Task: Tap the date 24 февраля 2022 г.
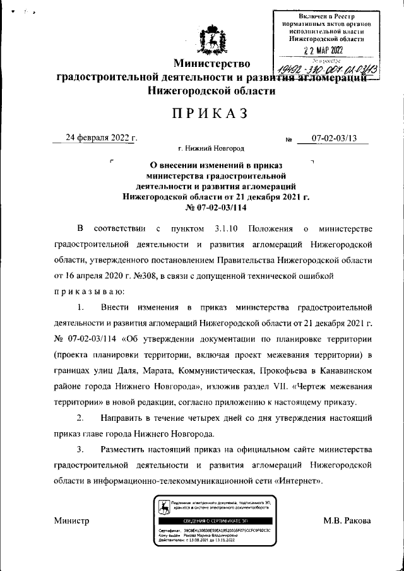(103, 138)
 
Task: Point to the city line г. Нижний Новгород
(211, 149)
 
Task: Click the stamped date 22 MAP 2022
(323, 50)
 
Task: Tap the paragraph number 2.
(80, 418)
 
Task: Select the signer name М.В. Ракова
(347, 521)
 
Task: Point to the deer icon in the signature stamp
(163, 506)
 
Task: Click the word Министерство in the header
(213, 63)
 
